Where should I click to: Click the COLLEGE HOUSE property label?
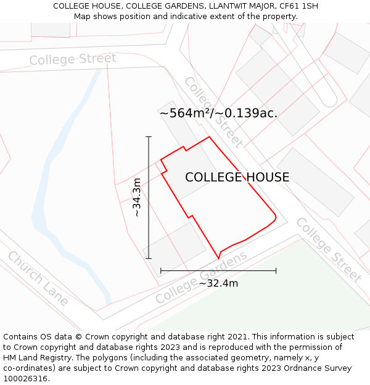click(x=237, y=177)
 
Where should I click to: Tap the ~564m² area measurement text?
click(x=218, y=113)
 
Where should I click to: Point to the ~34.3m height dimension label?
click(x=137, y=197)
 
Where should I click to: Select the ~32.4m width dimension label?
click(x=218, y=283)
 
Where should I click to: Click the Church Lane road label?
click(x=38, y=279)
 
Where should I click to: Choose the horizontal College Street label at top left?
click(x=72, y=59)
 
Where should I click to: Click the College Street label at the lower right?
click(x=329, y=249)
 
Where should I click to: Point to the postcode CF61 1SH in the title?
click(x=298, y=6)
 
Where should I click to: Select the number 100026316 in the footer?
click(x=26, y=379)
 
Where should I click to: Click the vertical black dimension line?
click(x=149, y=197)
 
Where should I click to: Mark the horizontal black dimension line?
click(x=218, y=270)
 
